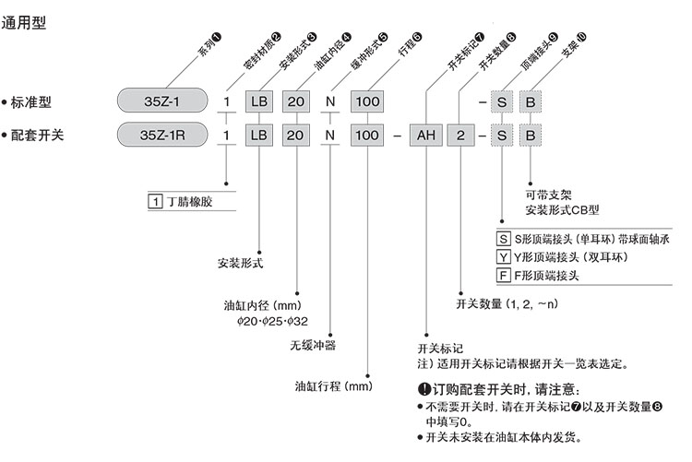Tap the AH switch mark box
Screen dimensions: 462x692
click(425, 136)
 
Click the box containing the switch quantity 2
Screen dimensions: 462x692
click(462, 136)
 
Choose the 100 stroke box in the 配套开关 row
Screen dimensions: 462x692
click(367, 136)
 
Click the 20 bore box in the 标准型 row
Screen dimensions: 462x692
click(297, 100)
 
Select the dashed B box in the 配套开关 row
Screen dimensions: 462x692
click(531, 136)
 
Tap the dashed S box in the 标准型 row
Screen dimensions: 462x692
click(500, 100)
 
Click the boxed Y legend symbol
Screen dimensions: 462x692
click(502, 257)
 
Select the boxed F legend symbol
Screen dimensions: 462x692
click(502, 275)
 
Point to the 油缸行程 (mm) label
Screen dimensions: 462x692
click(332, 386)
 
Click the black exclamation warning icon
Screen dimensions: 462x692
click(424, 389)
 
